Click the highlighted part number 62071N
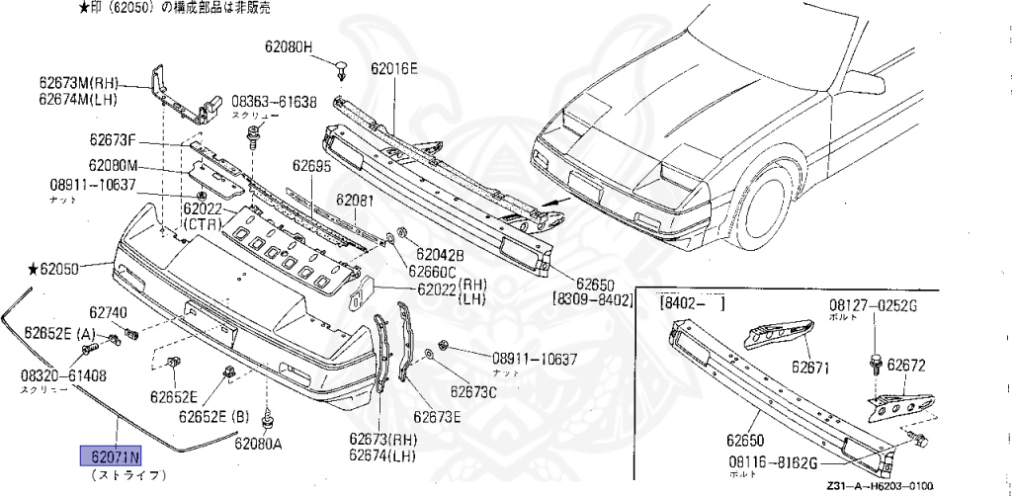pyautogui.click(x=112, y=455)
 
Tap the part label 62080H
pyautogui.click(x=289, y=46)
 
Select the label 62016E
pyautogui.click(x=394, y=68)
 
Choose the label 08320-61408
pyautogui.click(x=63, y=375)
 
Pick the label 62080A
pyautogui.click(x=258, y=443)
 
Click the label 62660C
pyautogui.click(x=432, y=272)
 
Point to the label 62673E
pyautogui.click(x=439, y=416)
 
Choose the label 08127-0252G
pyautogui.click(x=873, y=305)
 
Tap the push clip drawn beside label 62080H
pyautogui.click(x=342, y=68)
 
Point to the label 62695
pyautogui.click(x=312, y=167)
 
